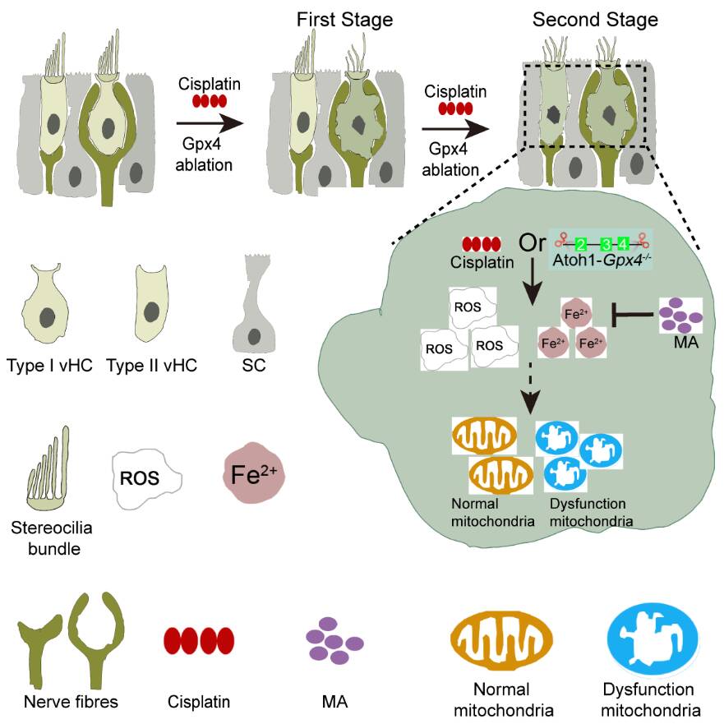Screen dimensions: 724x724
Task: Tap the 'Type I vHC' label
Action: tap(48, 365)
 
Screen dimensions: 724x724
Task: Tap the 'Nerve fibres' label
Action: tap(71, 702)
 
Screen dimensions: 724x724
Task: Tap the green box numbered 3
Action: tap(606, 244)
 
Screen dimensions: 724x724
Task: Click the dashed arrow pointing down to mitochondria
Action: tap(532, 387)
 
